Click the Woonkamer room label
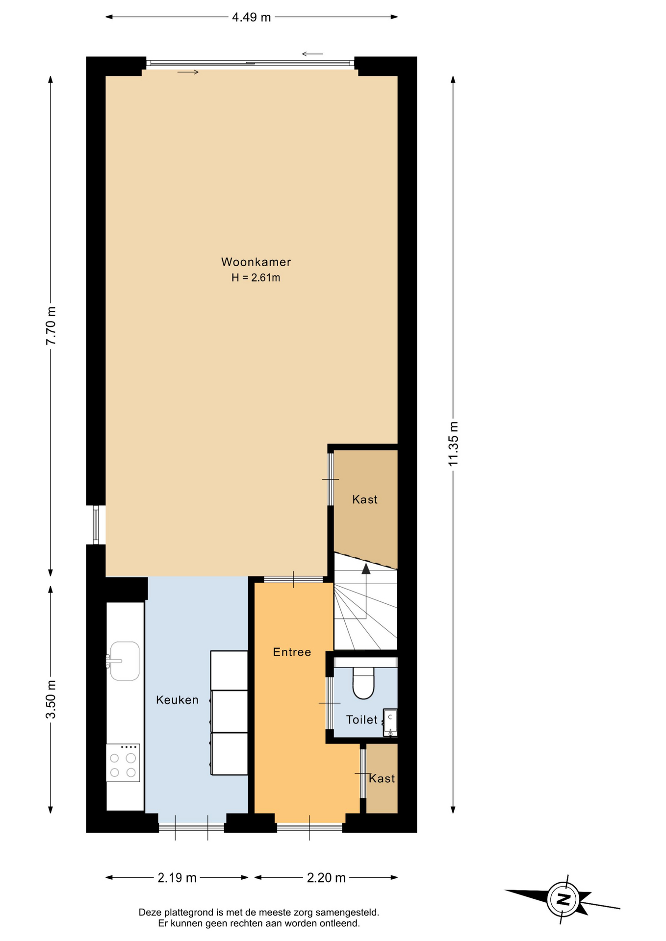tap(256, 262)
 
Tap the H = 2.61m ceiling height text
tap(256, 278)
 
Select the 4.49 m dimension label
tap(251, 17)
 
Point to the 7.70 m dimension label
tap(51, 325)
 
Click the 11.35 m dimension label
tap(453, 444)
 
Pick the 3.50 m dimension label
tap(51, 699)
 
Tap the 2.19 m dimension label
tap(177, 878)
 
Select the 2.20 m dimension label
tap(326, 878)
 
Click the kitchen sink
tap(124, 661)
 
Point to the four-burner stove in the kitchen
tap(123, 763)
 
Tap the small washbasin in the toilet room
tap(390, 722)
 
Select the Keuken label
tap(177, 700)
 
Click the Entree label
tap(292, 652)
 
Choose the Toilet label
tap(362, 719)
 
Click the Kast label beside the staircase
tap(365, 499)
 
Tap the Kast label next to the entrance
tap(382, 778)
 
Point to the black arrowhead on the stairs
tap(366, 569)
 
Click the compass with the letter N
tap(563, 899)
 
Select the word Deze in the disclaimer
tap(150, 913)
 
